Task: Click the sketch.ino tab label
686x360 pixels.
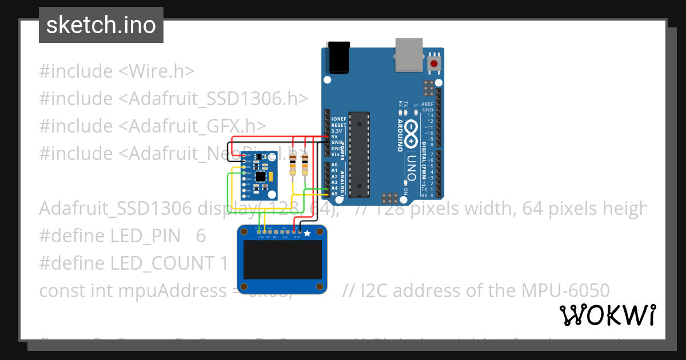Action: coord(101,25)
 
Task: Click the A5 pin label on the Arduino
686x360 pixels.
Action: coord(334,194)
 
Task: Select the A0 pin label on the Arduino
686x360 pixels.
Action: coord(334,165)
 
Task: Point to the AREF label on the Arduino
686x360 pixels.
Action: coord(427,104)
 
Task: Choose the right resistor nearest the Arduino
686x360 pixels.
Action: coord(305,165)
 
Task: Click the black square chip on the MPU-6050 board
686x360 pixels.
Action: coord(261,176)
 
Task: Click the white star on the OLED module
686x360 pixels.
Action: coord(307,234)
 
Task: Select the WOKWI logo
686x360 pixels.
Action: coord(607,315)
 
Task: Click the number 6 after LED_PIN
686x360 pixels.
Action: coord(200,235)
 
